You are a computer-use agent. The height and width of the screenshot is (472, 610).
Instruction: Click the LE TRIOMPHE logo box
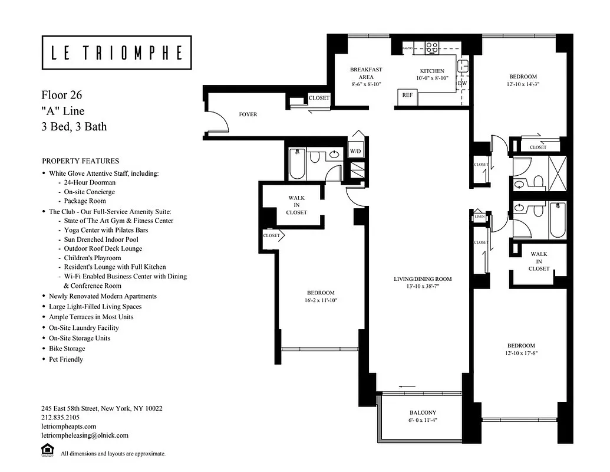coord(116,53)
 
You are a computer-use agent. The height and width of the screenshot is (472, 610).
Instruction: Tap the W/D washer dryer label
coord(355,151)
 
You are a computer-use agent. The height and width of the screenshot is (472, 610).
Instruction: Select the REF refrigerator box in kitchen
coord(407,95)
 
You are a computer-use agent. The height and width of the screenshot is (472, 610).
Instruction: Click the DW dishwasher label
coord(462,84)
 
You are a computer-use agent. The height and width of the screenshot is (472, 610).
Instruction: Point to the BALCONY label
coord(423,413)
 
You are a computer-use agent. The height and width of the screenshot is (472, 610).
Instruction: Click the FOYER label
coord(248,114)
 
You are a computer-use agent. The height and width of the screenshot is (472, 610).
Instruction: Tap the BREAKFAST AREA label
coord(366,73)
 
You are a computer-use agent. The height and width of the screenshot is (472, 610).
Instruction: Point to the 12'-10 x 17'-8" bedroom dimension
coord(521,353)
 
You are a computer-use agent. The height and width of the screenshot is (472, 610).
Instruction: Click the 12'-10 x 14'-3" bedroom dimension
coord(523,84)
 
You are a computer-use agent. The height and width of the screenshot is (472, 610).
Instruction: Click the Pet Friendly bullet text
coord(66,359)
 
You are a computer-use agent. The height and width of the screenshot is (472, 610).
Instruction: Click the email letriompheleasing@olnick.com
coord(84,435)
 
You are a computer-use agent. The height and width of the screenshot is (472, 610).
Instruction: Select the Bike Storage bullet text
coord(68,349)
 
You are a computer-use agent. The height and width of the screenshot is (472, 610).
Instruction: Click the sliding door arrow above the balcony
coord(407,386)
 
